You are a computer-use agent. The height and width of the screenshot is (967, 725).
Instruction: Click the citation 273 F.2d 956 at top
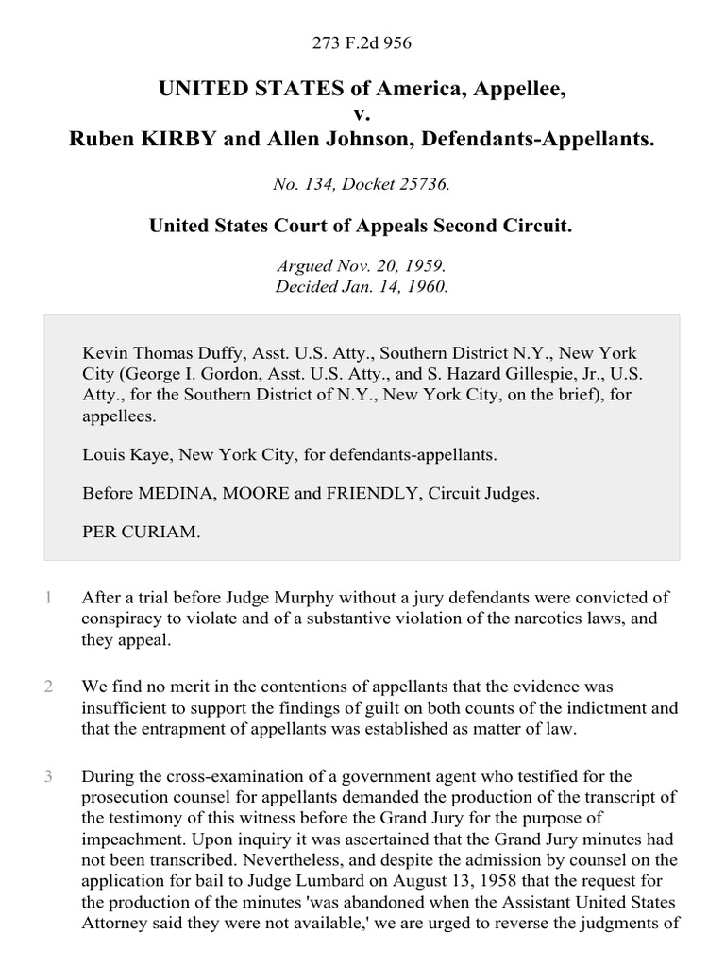pos(362,42)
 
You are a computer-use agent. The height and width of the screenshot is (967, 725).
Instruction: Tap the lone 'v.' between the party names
pos(362,114)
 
